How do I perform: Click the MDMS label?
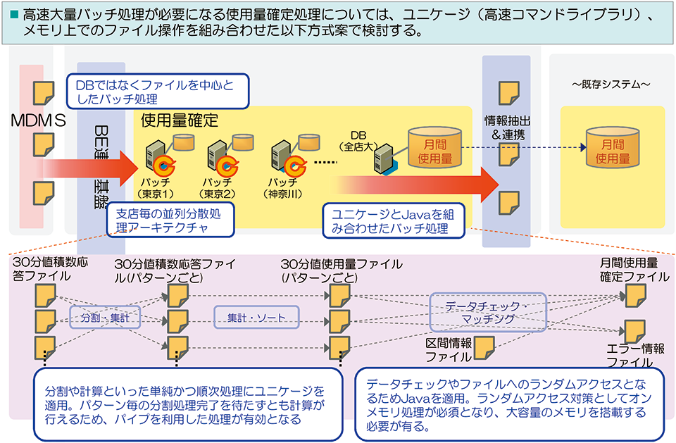click(x=38, y=120)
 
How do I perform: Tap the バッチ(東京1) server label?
click(x=156, y=187)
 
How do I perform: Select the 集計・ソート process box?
click(x=256, y=318)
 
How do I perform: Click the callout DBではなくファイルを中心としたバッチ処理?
click(x=158, y=92)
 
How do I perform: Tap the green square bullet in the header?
click(x=13, y=13)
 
